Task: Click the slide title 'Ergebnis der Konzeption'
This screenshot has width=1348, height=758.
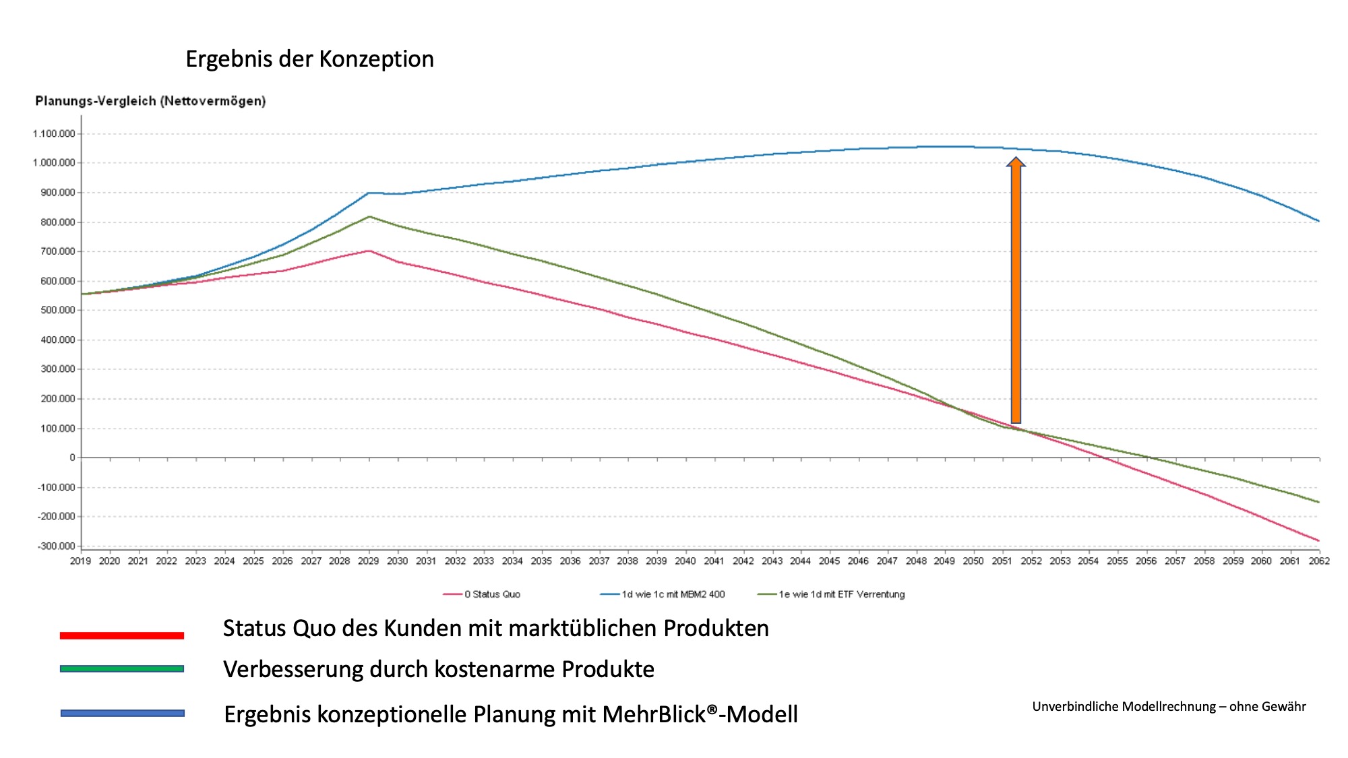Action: (x=309, y=59)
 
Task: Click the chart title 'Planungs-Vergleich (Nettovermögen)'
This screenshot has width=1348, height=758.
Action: (x=150, y=101)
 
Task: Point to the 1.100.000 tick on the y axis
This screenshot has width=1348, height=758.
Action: (x=54, y=133)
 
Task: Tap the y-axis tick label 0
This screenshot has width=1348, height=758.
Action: (x=72, y=457)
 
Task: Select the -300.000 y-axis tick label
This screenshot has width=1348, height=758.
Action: (x=56, y=546)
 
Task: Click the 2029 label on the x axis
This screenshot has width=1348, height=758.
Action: (x=369, y=561)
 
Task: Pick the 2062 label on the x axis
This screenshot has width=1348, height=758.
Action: (x=1319, y=561)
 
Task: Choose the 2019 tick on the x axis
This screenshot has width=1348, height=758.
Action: (x=81, y=561)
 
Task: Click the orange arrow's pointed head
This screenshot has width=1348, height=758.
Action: (x=1016, y=162)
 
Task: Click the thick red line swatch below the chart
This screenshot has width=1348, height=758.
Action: (x=122, y=635)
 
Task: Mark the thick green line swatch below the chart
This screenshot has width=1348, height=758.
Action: (x=122, y=668)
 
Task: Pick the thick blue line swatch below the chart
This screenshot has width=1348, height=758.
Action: (x=122, y=713)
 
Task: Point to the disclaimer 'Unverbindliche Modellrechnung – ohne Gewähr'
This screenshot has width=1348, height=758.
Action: (x=1169, y=706)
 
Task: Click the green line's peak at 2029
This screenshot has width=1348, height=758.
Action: (x=369, y=216)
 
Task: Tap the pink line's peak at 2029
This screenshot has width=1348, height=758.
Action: (x=369, y=251)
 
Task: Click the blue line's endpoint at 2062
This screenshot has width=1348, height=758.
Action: (x=1319, y=221)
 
